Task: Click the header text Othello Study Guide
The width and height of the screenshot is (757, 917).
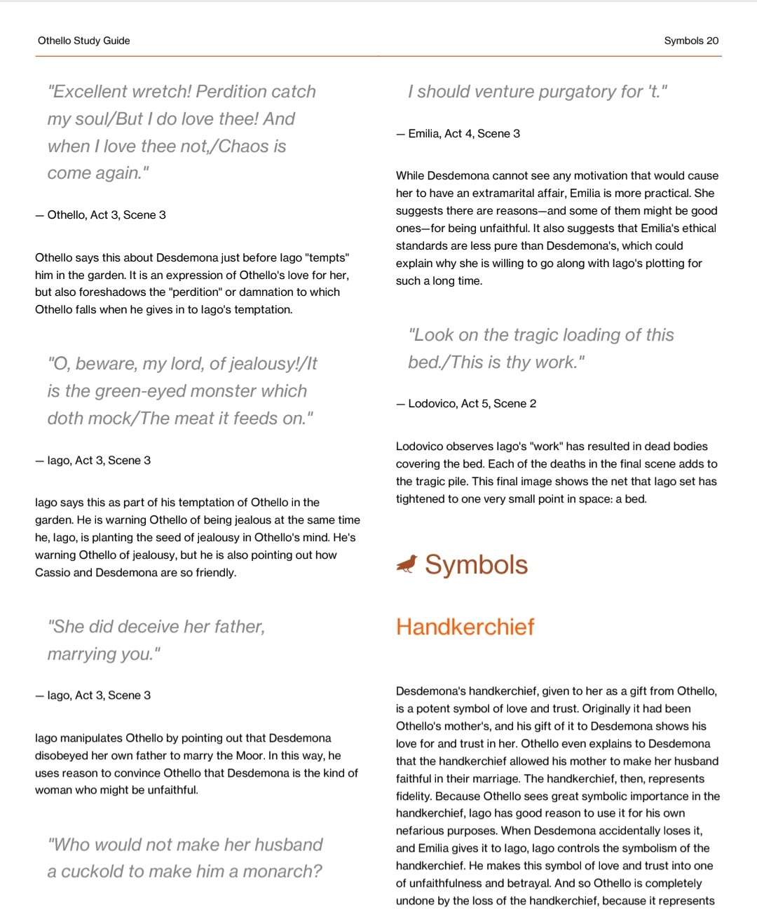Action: (84, 41)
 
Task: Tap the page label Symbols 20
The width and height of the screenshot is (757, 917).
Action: (691, 41)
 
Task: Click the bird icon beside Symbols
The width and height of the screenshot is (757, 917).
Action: (407, 564)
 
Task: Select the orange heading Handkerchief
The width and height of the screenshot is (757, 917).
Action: (465, 626)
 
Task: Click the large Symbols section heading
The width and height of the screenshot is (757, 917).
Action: (476, 564)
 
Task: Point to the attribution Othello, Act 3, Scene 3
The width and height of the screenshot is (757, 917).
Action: (106, 215)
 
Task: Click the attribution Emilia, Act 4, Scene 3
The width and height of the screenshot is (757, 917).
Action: (463, 133)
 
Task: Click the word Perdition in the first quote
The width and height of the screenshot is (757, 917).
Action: (256, 92)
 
